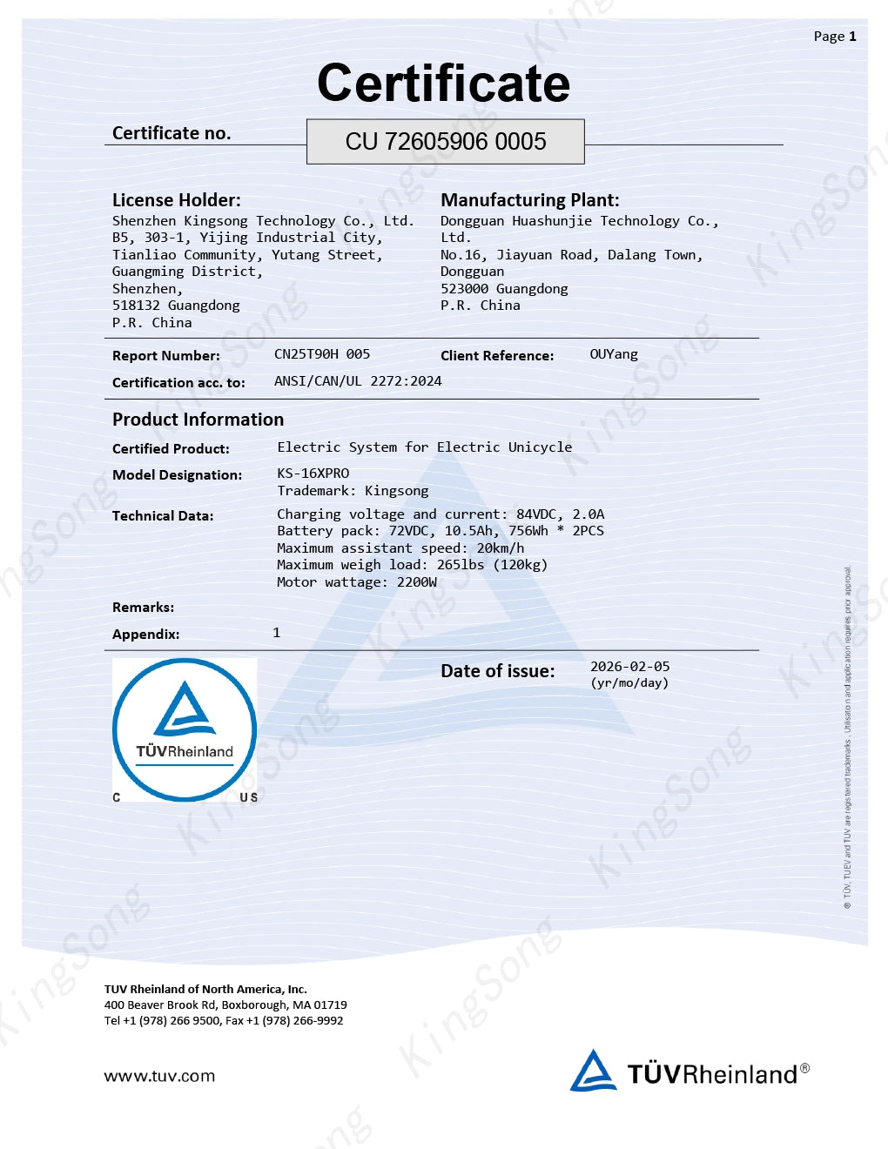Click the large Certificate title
[443, 84]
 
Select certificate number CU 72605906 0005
[446, 142]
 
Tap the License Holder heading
[177, 200]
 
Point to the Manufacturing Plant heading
[530, 200]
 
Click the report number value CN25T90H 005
[322, 354]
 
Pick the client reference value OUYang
[614, 354]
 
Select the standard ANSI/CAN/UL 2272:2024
[358, 381]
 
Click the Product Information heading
[198, 420]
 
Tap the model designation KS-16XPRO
[313, 474]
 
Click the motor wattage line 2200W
[357, 582]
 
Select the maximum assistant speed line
[400, 548]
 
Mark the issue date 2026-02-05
[630, 667]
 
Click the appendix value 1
[277, 633]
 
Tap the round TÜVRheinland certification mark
[185, 729]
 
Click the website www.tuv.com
[159, 1076]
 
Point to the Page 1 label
[835, 37]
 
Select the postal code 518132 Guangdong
[176, 306]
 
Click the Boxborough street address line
[225, 1005]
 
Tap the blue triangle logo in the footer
[593, 1071]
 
